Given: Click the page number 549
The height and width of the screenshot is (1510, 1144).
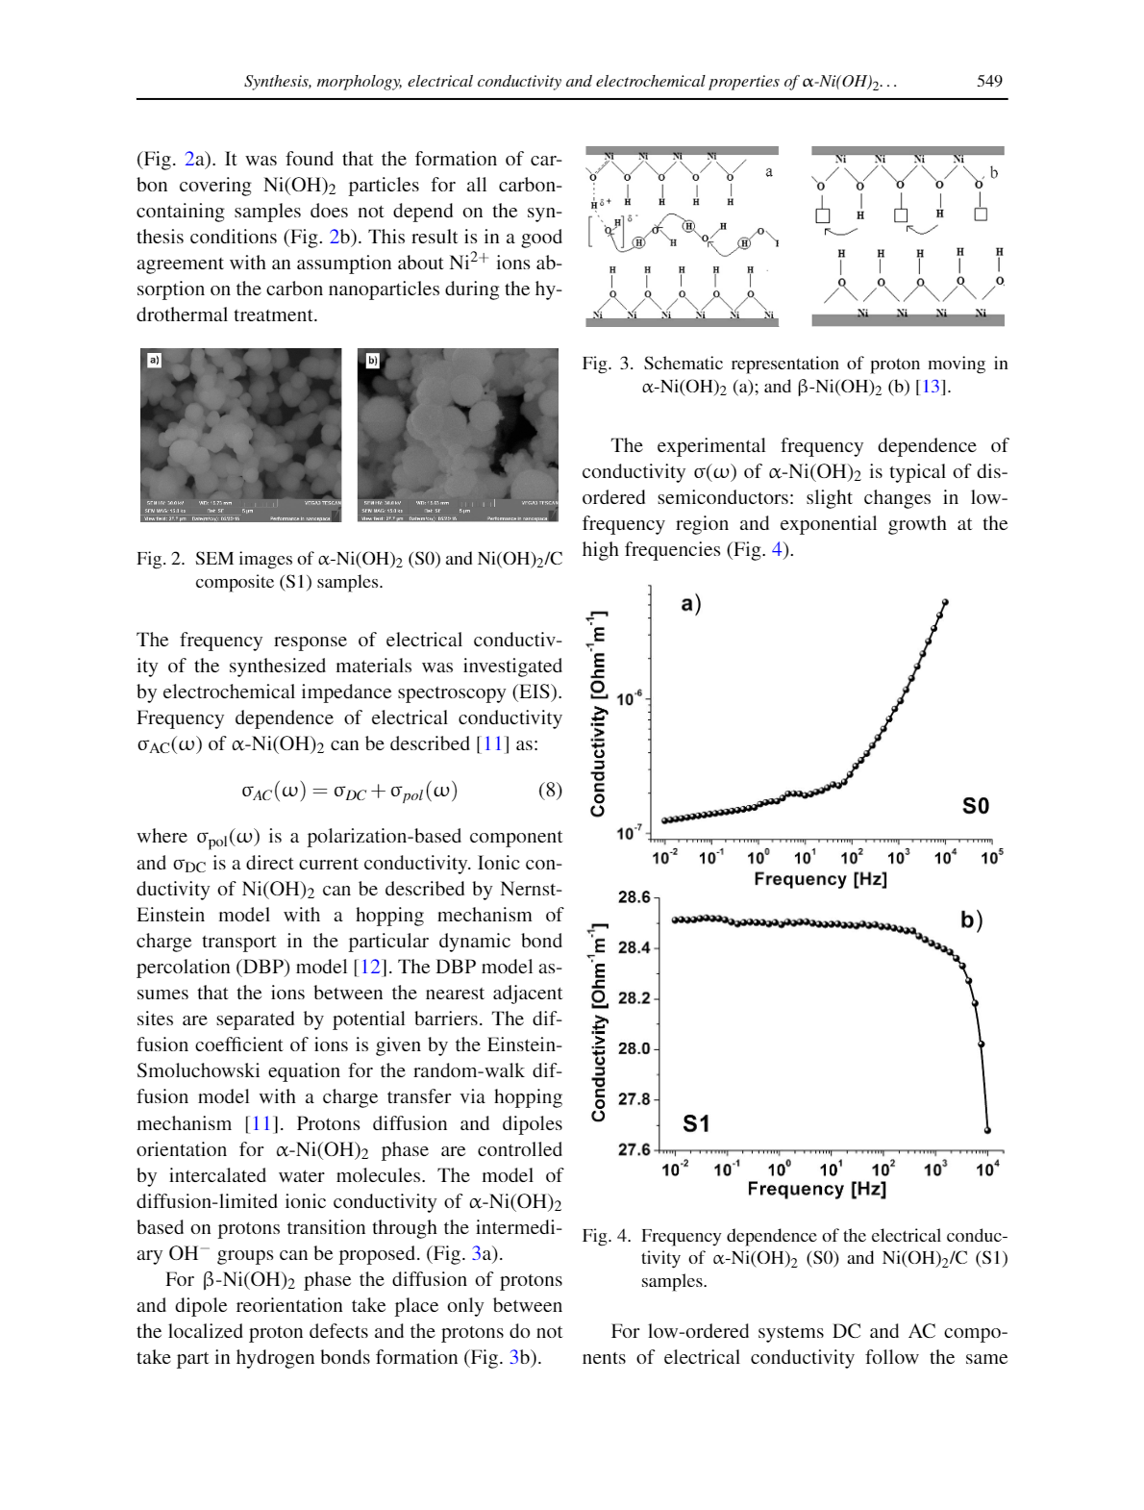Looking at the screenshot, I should pos(989,82).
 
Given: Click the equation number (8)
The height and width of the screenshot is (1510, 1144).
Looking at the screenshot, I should pos(550,791).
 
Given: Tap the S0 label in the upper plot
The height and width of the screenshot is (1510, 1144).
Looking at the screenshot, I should pos(975,806).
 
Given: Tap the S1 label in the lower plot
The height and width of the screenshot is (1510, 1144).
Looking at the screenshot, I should pos(696,1123).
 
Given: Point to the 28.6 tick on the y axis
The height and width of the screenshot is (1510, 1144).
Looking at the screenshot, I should pos(634,897).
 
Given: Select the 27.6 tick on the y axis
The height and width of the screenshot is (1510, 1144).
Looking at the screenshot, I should pos(634,1149).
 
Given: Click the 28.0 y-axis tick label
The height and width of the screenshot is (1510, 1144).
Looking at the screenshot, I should pos(634,1048).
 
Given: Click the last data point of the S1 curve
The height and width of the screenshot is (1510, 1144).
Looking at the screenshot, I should pos(987,1130).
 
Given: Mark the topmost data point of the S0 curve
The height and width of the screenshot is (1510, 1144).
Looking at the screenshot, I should pos(945,603).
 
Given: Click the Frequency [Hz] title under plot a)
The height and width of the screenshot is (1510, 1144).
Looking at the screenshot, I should pos(820,879).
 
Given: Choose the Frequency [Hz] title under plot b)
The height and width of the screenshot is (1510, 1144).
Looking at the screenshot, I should pos(816,1189).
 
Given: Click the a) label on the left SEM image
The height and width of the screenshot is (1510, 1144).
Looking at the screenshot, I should pos(154,360).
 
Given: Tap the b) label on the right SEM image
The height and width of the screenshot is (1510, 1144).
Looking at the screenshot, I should pos(372,360).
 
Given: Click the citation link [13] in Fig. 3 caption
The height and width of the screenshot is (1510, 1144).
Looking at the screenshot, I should pos(931,388).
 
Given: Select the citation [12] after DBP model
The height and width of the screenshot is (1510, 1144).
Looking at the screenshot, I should pos(370,968).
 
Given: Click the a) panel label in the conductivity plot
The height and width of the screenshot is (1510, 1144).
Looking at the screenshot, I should pos(691,604).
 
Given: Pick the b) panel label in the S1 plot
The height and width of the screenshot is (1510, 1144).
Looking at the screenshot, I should pos(971,920).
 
